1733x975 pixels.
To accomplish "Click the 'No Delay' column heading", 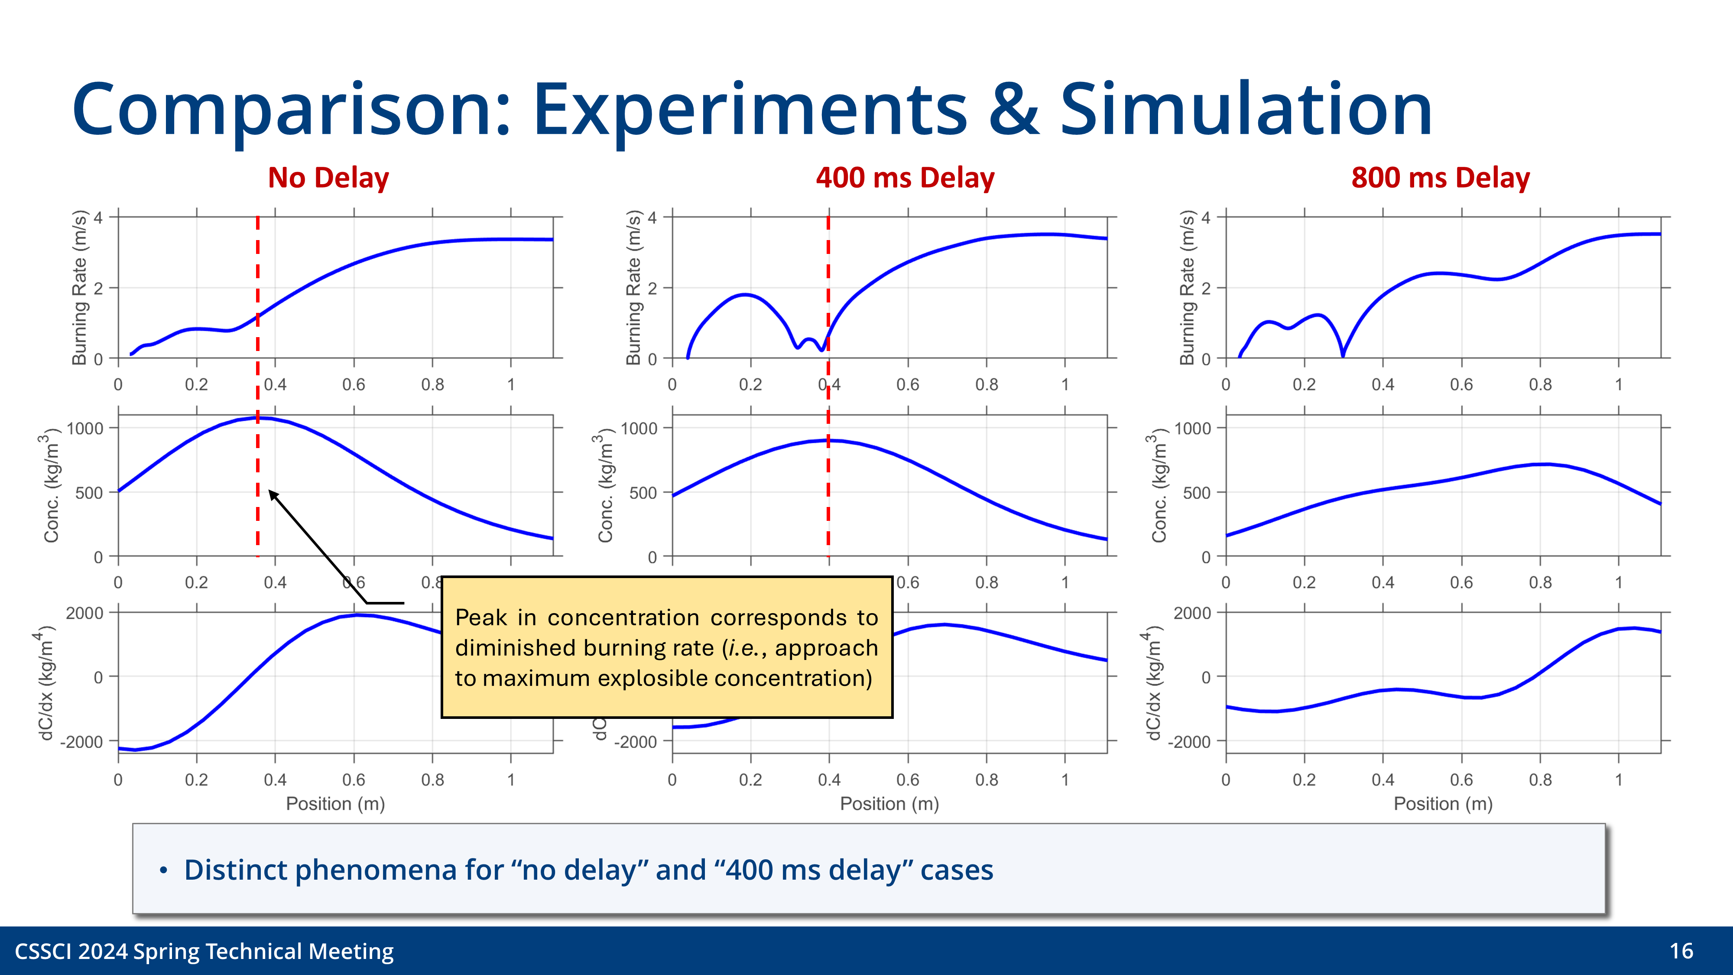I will pyautogui.click(x=328, y=178).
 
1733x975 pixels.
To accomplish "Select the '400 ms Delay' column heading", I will pyautogui.click(x=905, y=178).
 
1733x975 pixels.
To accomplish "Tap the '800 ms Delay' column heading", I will pyautogui.click(x=1441, y=178).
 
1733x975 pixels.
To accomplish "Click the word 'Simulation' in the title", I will pyautogui.click(x=1246, y=109).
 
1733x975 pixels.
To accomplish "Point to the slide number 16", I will pyautogui.click(x=1681, y=951).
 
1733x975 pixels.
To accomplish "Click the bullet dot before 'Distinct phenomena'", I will pyautogui.click(x=163, y=871).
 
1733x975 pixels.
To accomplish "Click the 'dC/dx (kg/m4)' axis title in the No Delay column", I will pyautogui.click(x=44, y=683).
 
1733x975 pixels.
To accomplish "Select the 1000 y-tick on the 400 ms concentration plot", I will pyautogui.click(x=639, y=428).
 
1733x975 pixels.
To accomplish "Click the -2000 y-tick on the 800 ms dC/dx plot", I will pyautogui.click(x=1191, y=741).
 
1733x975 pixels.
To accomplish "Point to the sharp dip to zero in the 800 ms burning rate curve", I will pyautogui.click(x=1342, y=354).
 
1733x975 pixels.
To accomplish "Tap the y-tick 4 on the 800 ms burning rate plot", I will pyautogui.click(x=1206, y=218).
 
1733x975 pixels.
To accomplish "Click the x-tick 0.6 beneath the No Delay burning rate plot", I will pyautogui.click(x=354, y=384).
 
